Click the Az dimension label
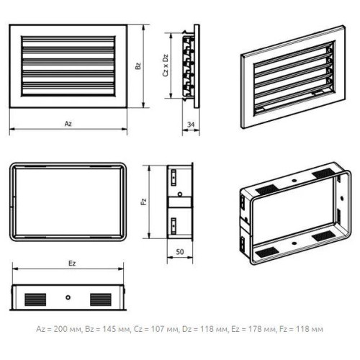68,124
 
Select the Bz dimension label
138,66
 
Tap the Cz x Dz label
166,66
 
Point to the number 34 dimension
191,125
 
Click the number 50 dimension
180,252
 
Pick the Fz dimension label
144,202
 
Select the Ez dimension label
72,264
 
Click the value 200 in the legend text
60,329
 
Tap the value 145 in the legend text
109,329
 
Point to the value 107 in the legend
158,329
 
